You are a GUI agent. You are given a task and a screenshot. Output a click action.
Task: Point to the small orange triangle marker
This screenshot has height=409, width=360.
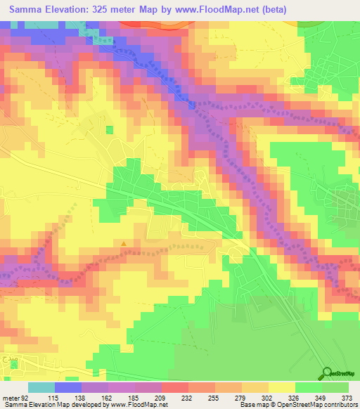point(124,245)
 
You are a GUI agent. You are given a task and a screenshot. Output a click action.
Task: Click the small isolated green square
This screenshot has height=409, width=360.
point(109,129)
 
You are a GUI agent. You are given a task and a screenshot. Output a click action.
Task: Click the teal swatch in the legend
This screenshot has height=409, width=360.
point(41,388)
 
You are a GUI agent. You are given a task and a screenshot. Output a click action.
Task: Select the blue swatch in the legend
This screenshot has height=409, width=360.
point(67,388)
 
